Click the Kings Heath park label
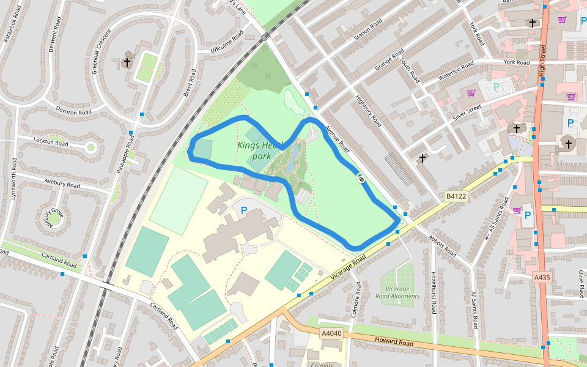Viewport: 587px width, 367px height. click(261, 150)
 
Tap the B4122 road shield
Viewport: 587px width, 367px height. click(456, 196)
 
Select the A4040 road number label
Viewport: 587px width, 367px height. click(331, 333)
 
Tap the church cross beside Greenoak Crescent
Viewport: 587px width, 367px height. click(127, 62)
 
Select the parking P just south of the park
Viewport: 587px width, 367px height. click(244, 210)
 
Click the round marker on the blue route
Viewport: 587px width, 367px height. click(361, 179)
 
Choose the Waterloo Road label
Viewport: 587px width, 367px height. click(456, 72)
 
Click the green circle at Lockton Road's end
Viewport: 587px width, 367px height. click(91, 147)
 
